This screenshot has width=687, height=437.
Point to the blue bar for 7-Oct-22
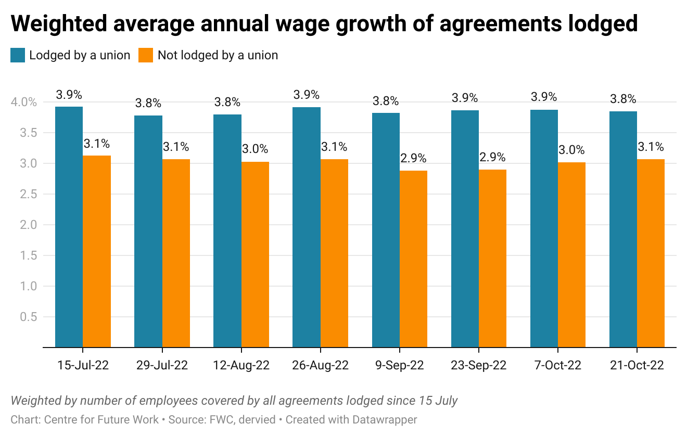coord(544,228)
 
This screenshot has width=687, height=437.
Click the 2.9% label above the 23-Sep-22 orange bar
coord(493,157)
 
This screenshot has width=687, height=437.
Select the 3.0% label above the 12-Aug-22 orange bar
coord(255,149)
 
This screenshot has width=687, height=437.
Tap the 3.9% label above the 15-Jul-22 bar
coord(69,95)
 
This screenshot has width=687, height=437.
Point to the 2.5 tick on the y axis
coord(29,194)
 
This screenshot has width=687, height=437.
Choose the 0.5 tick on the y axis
coord(29,317)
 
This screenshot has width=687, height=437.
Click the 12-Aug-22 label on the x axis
coord(241,365)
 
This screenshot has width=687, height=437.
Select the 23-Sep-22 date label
coord(478,365)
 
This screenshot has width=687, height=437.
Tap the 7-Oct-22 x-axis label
coord(557,365)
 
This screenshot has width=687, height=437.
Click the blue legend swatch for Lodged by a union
coord(18,55)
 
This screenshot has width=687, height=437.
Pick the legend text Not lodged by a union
coord(218,55)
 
